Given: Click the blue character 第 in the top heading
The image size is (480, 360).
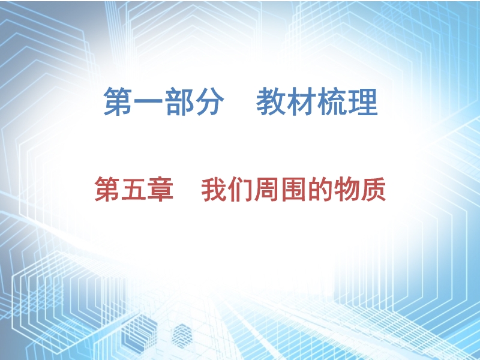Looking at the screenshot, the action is click(118, 101).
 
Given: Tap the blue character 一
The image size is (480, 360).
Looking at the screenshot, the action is click(148, 101).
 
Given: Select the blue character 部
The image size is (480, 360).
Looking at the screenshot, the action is click(179, 101).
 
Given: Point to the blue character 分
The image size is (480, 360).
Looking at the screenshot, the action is click(209, 101).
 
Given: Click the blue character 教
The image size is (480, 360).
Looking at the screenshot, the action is click(271, 101).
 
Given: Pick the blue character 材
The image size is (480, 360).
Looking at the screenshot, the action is click(301, 101).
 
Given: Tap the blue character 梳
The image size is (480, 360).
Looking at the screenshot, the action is click(332, 101).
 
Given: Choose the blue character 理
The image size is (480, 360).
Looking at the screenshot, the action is click(363, 101).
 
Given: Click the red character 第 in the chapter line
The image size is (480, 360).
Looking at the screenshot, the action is click(107, 189).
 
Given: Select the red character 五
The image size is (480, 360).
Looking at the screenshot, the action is click(134, 190).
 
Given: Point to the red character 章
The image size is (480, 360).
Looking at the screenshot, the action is click(160, 189).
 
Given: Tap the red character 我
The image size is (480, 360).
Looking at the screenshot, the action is click(214, 189).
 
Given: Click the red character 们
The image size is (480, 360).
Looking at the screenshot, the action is click(241, 189).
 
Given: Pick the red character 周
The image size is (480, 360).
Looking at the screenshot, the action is click(267, 189).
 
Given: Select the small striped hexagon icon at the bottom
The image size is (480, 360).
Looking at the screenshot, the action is click(182, 337).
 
